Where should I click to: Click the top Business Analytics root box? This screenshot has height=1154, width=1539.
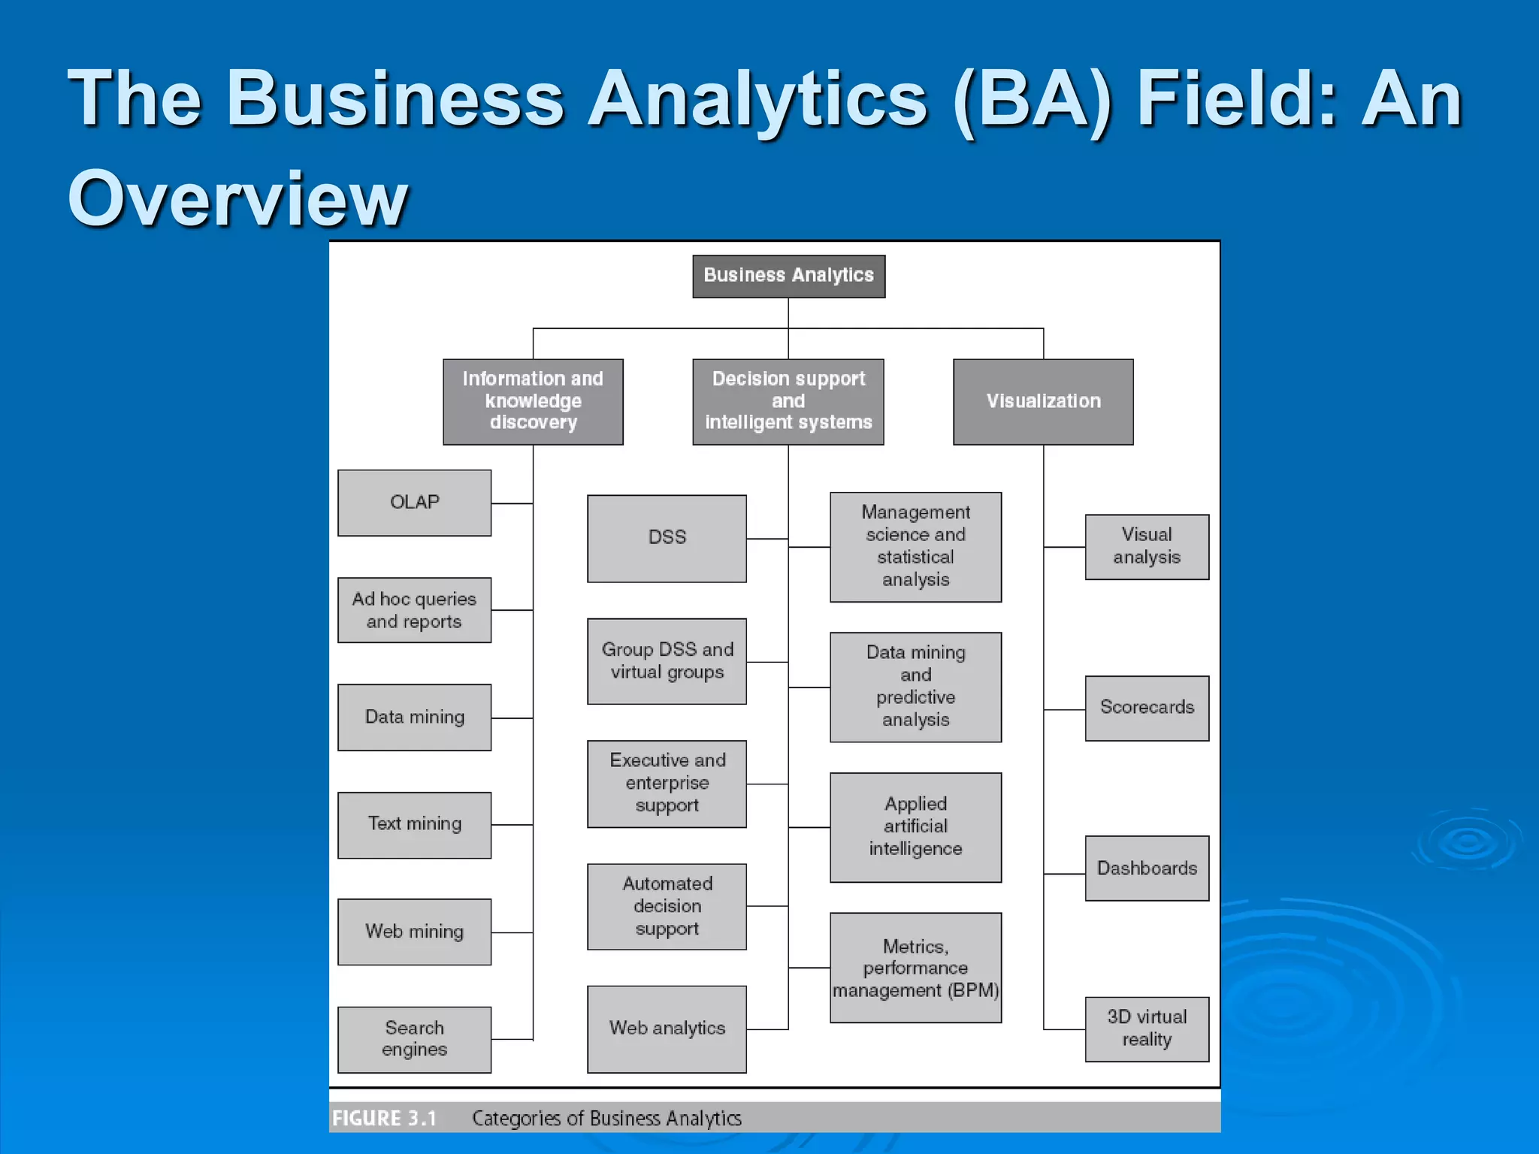pos(788,276)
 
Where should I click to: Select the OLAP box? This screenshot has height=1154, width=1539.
pos(414,503)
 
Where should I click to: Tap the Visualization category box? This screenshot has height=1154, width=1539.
pos(1043,401)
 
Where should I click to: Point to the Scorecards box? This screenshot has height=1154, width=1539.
pos(1147,708)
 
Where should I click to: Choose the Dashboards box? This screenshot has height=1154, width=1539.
pos(1147,868)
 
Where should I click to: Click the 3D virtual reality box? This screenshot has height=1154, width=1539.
pos(1147,1029)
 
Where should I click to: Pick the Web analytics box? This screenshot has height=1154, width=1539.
pos(667,1029)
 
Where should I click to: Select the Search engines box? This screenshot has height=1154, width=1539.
pos(414,1039)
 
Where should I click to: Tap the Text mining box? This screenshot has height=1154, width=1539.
pos(414,824)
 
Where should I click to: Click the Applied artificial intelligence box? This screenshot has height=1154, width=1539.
pos(915,826)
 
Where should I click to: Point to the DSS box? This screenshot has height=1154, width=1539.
pos(667,538)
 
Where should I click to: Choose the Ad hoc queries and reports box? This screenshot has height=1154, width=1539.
pos(414,610)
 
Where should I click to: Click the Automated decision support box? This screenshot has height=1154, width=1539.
pos(667,906)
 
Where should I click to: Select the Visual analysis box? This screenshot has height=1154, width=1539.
pos(1147,546)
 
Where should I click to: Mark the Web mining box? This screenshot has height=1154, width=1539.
pos(414,932)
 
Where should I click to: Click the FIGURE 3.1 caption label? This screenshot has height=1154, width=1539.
pos(384,1118)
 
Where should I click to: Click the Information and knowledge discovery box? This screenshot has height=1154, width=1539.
pos(533,401)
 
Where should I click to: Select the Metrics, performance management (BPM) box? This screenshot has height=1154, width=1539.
pos(915,968)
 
